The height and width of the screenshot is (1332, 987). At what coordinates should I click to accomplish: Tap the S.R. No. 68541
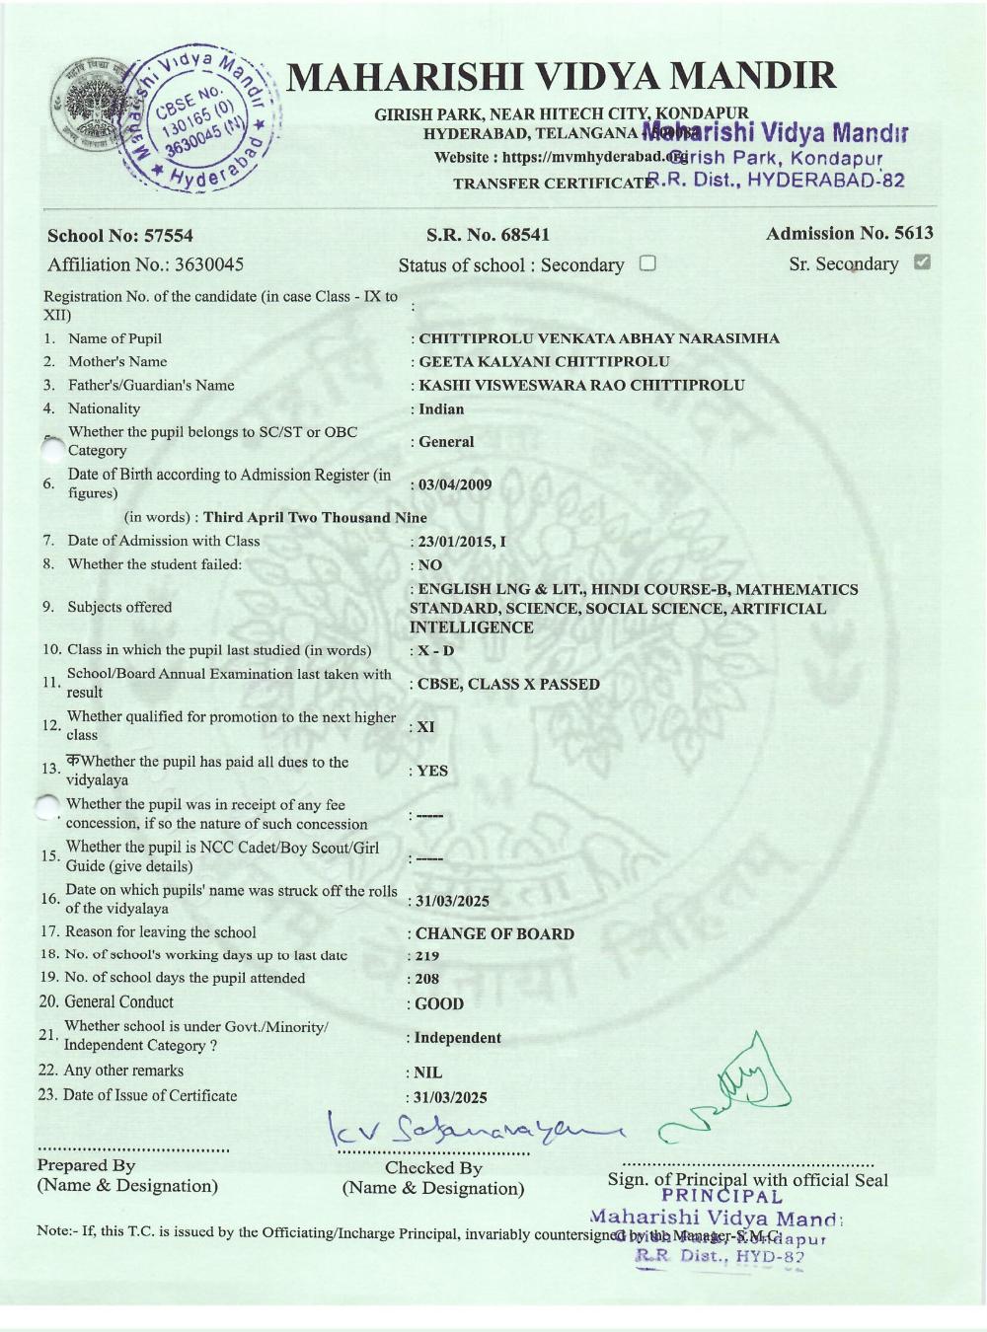[488, 235]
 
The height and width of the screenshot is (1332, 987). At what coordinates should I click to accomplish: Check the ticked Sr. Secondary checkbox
[923, 262]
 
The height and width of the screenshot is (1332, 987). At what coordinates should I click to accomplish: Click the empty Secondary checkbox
[647, 263]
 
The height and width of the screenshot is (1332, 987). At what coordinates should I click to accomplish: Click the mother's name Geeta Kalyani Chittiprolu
[544, 362]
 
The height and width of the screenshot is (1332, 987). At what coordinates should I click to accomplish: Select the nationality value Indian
[441, 409]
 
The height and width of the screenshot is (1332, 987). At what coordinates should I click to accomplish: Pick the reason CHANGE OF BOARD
[494, 933]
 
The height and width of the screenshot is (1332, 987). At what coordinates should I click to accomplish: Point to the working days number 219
[427, 956]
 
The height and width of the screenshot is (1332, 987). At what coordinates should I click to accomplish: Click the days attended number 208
[427, 979]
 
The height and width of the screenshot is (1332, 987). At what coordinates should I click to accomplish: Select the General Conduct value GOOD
[439, 1003]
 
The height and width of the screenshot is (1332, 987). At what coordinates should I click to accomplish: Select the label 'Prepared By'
[86, 1165]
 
